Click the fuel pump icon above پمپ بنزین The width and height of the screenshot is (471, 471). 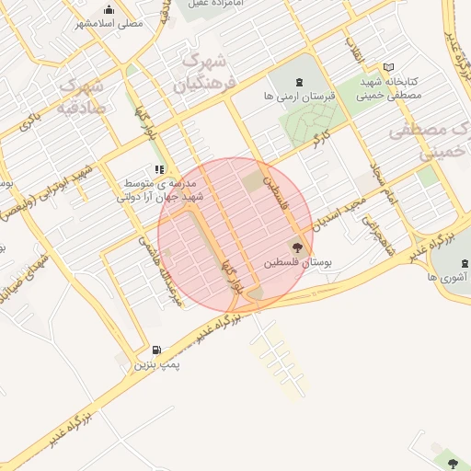tap(155, 350)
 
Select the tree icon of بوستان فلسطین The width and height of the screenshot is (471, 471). tap(296, 246)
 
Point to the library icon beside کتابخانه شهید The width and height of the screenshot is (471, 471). tap(388, 67)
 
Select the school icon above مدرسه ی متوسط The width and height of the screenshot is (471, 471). tap(158, 170)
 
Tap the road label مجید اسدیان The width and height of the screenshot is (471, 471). tap(339, 213)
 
